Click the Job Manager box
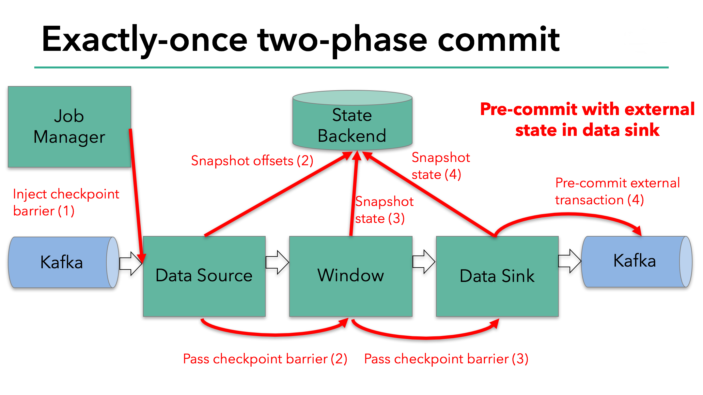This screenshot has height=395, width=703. tap(69, 126)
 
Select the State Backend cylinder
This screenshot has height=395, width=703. tap(352, 124)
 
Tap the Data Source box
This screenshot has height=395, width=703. tap(204, 276)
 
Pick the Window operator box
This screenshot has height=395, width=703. tap(351, 276)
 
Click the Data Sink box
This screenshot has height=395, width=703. tap(497, 276)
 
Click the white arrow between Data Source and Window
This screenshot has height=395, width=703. tap(277, 262)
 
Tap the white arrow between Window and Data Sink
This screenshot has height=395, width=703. tap(424, 261)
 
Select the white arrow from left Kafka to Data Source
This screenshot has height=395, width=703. tap(131, 263)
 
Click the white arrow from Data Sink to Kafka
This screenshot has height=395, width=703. tap(570, 261)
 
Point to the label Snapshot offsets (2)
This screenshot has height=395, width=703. tap(252, 161)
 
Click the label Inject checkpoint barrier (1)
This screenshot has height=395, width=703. tap(66, 202)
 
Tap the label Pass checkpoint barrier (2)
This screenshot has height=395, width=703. tap(265, 359)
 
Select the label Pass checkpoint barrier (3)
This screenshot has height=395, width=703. tap(446, 359)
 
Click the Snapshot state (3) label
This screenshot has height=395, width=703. tap(384, 210)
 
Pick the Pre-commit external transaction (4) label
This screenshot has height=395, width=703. tap(617, 191)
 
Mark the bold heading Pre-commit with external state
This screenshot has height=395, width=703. tap(587, 119)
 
